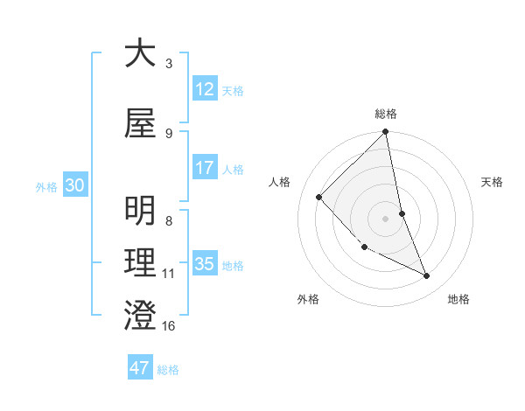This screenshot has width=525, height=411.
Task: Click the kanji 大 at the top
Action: click(141, 53)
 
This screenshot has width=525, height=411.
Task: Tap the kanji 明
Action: click(141, 212)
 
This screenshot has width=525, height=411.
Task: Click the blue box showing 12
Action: click(205, 89)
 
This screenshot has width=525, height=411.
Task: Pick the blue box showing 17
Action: click(205, 168)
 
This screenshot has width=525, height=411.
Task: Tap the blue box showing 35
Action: click(205, 264)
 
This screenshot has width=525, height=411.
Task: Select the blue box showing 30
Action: click(74, 185)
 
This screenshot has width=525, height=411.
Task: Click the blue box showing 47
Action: click(140, 368)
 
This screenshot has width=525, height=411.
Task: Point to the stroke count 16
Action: click(169, 326)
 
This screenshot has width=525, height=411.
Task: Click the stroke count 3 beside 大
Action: click(169, 63)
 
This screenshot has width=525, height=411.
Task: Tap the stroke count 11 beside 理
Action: click(169, 274)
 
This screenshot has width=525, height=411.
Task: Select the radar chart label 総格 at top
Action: click(386, 114)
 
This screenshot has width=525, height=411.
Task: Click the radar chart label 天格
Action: click(493, 182)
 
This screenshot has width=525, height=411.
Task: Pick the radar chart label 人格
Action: click(280, 182)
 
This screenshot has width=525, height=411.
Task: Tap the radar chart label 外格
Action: click(308, 300)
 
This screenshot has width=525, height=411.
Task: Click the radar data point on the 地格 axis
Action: click(427, 276)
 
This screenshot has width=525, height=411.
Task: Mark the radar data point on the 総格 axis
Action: click(386, 133)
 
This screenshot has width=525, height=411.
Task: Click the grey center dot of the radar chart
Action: click(386, 218)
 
